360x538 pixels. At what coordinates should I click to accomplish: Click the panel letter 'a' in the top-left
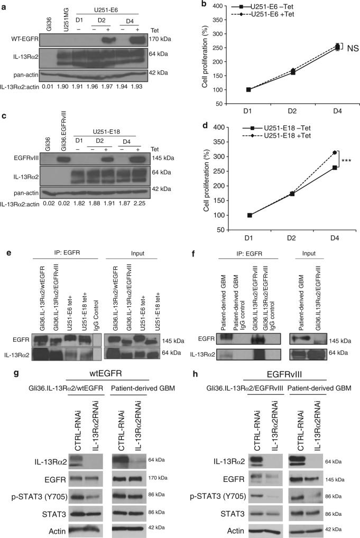click(x=4, y=5)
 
